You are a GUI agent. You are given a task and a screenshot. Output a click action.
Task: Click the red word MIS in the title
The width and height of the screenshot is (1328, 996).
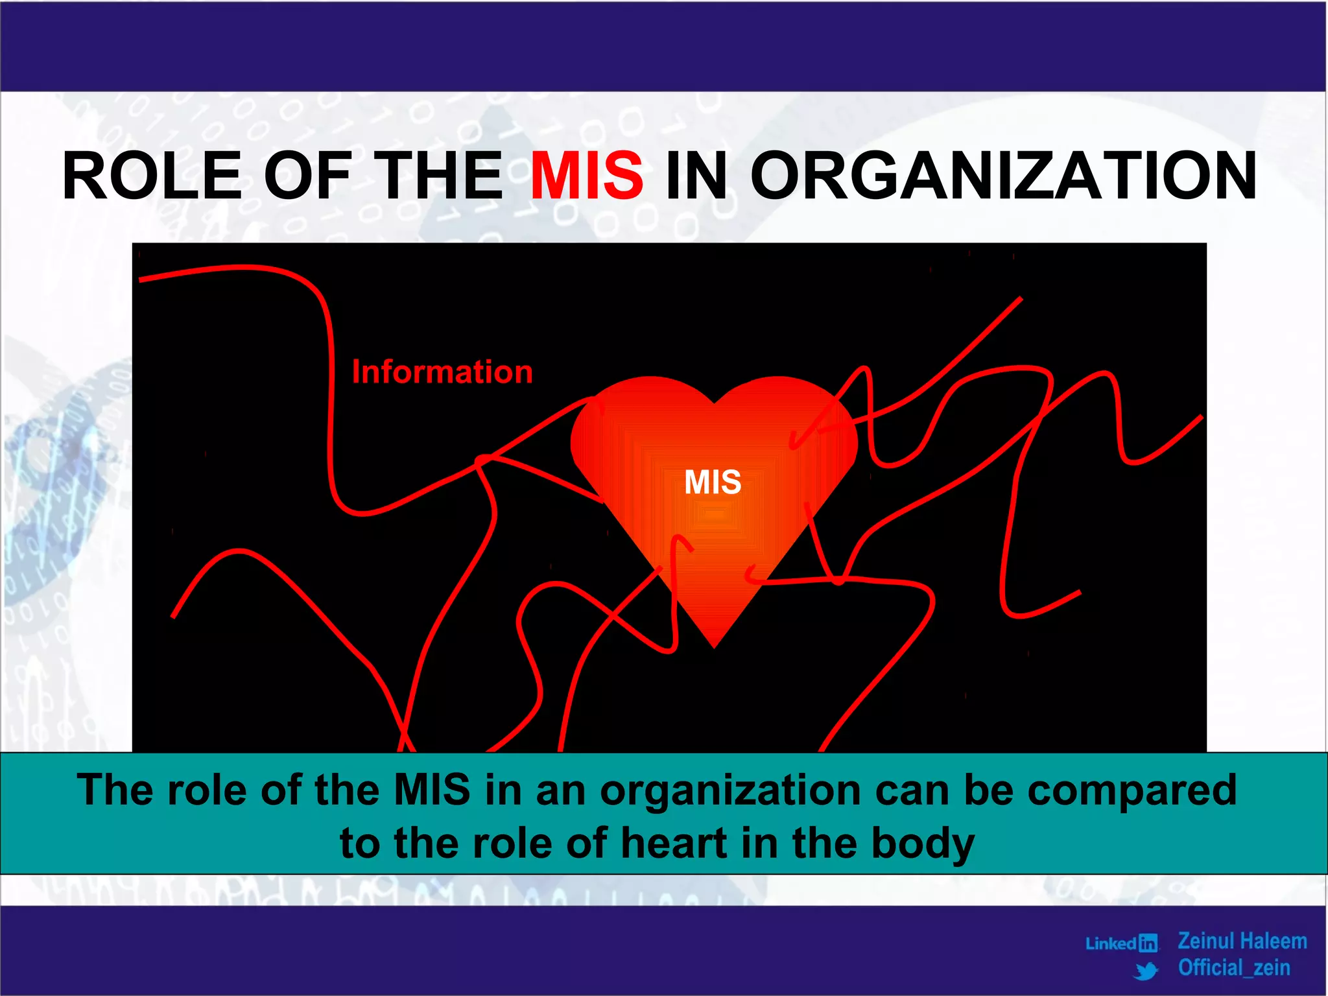tap(587, 175)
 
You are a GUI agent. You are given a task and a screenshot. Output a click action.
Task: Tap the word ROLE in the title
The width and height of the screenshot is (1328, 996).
tap(152, 175)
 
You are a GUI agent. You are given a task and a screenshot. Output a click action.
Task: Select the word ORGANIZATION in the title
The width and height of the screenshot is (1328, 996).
tap(1003, 175)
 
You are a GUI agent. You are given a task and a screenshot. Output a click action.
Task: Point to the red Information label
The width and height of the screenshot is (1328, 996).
tap(442, 372)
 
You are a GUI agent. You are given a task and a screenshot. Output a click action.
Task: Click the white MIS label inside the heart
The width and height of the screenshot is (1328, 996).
tap(713, 482)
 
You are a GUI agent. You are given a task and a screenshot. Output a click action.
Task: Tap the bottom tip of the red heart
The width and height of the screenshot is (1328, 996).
tap(714, 644)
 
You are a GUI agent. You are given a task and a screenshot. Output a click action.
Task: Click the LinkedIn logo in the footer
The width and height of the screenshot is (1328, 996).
tap(1122, 943)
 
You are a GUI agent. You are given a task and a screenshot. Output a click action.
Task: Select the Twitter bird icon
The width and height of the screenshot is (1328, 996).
tap(1146, 971)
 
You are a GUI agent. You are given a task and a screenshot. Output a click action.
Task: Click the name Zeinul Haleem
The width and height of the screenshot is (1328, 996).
tap(1242, 941)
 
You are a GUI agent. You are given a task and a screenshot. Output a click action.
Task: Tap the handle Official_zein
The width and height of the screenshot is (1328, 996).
tap(1234, 968)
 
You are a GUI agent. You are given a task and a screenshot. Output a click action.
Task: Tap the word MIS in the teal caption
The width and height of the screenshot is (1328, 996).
tap(432, 790)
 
